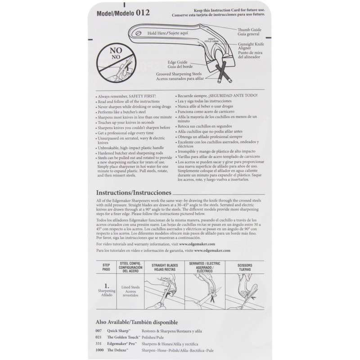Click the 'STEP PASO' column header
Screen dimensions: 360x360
click(x=106, y=266)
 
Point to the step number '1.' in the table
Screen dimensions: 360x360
click(x=107, y=284)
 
